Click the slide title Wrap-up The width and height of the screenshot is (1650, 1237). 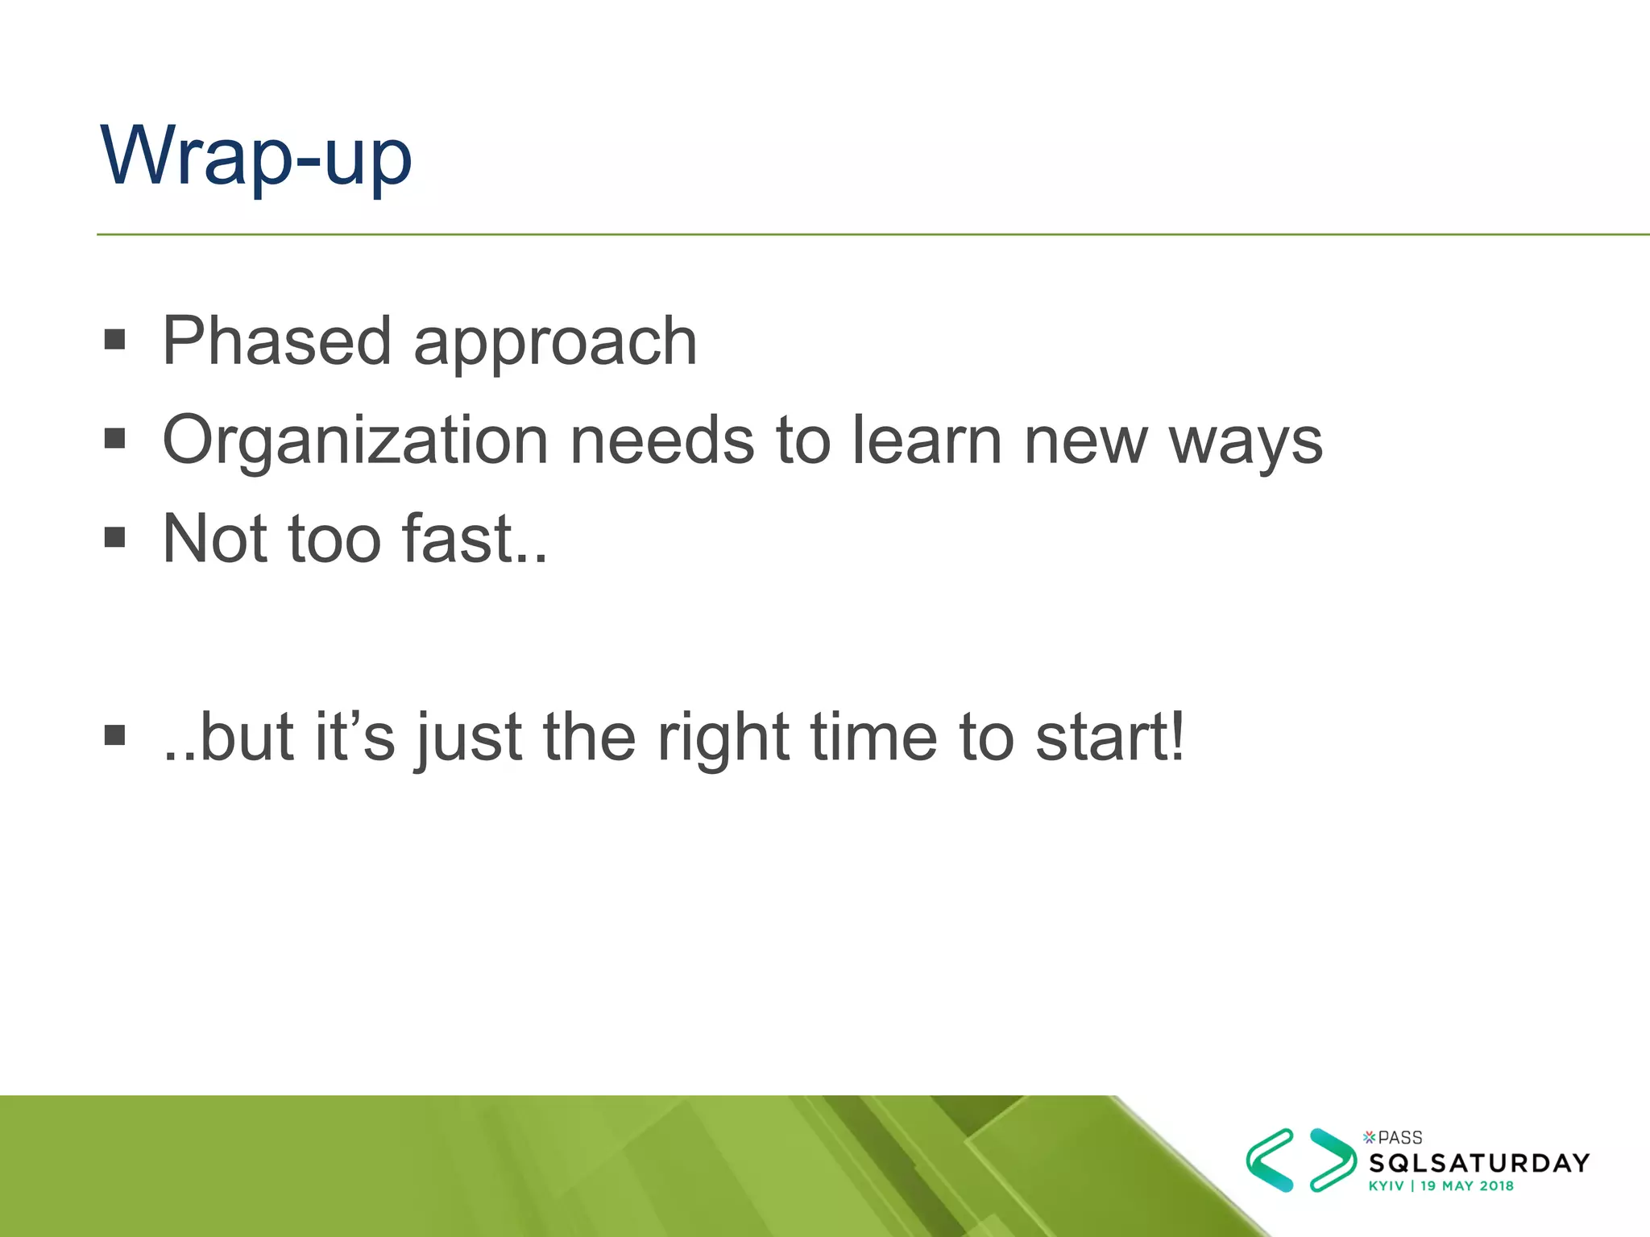pos(256,157)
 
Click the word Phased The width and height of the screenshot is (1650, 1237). pos(276,341)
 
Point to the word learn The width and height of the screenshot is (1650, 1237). pos(927,441)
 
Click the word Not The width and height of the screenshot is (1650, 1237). pos(215,539)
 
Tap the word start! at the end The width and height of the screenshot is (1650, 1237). pos(1109,738)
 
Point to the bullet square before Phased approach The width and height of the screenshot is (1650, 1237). pos(115,340)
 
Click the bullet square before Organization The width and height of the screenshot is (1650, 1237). pos(115,439)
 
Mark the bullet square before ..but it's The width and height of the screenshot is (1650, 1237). pos(115,735)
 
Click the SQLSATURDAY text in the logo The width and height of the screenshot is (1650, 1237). pos(1479,1163)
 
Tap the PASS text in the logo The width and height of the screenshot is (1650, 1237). pos(1399,1138)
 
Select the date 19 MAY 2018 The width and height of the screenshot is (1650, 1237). pos(1467,1185)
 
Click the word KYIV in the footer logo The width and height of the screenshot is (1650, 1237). pos(1386,1185)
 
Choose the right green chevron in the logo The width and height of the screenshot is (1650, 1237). pos(1332,1160)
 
